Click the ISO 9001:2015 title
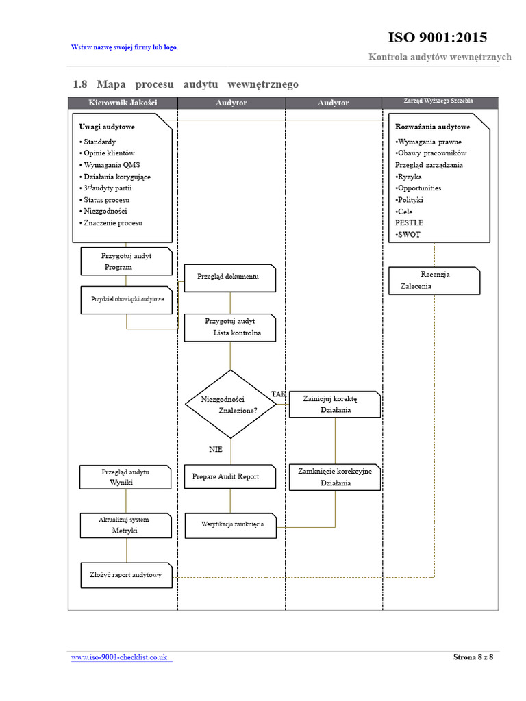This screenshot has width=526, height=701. pyautogui.click(x=438, y=37)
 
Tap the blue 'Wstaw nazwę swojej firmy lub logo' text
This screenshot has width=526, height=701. pyautogui.click(x=125, y=47)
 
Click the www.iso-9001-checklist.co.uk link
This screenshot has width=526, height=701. pyautogui.click(x=119, y=657)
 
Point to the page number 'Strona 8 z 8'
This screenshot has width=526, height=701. pyautogui.click(x=473, y=657)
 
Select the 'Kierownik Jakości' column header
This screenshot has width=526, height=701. pyautogui.click(x=123, y=103)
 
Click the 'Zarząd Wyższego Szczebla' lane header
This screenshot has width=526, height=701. pyautogui.click(x=438, y=101)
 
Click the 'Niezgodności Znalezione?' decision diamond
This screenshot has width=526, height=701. pyautogui.click(x=231, y=404)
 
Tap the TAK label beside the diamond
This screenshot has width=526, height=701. pyautogui.click(x=278, y=394)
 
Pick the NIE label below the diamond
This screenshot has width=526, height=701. pyautogui.click(x=216, y=449)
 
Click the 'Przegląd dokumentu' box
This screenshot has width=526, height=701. pyautogui.click(x=230, y=278)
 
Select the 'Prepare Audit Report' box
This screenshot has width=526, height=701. pyautogui.click(x=230, y=476)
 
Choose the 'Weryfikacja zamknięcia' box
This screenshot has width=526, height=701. pyautogui.click(x=231, y=525)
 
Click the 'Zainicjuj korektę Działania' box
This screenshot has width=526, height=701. pyautogui.click(x=335, y=404)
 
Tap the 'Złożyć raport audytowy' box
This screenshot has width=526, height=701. pyautogui.click(x=127, y=575)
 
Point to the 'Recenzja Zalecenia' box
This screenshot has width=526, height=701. pyautogui.click(x=434, y=281)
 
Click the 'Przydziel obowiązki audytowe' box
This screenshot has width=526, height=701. pyautogui.click(x=127, y=300)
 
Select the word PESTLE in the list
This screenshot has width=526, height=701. pyautogui.click(x=409, y=222)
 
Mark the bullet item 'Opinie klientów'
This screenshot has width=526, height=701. pyautogui.click(x=107, y=153)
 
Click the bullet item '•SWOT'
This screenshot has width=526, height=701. pyautogui.click(x=408, y=234)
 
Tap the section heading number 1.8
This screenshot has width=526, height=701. pyautogui.click(x=80, y=84)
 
